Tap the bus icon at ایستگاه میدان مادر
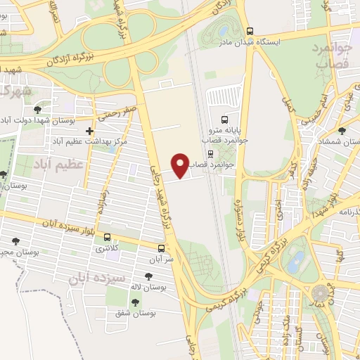coord(250,31)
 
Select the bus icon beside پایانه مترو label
coord(224,120)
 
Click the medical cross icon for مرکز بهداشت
coord(89,131)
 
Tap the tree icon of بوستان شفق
coord(135,302)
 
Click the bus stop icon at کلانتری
coord(108,237)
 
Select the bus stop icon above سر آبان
coord(162,248)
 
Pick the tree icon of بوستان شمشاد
coord(342,131)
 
